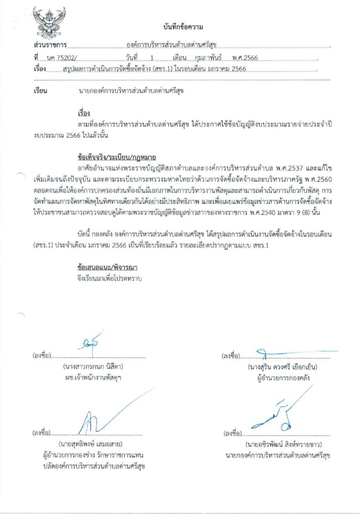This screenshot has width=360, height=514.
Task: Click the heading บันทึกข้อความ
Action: point(183,26)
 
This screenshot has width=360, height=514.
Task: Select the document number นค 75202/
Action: point(61,58)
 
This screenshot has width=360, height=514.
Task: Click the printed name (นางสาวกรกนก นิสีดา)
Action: point(93,366)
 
